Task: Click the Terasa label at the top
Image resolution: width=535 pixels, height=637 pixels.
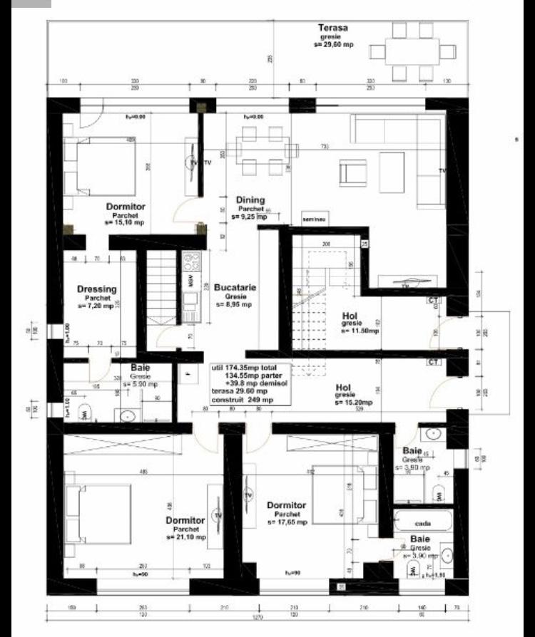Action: tap(332, 28)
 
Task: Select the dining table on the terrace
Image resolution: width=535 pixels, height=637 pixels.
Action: tap(412, 51)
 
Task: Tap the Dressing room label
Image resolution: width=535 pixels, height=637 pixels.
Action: tap(97, 289)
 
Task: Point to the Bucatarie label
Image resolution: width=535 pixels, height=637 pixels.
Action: tap(235, 288)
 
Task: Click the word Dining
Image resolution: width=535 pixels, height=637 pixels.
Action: tap(250, 200)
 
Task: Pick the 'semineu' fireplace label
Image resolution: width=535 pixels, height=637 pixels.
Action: tap(314, 219)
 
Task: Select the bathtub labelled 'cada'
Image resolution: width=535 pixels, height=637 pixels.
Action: tap(423, 520)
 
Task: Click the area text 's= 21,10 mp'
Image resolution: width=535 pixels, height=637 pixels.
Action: tap(185, 537)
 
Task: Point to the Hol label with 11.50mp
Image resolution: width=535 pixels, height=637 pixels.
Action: tap(350, 315)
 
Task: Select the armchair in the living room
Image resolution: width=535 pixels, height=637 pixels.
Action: tap(352, 172)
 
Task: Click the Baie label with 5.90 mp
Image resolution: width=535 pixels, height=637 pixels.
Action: tap(141, 368)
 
